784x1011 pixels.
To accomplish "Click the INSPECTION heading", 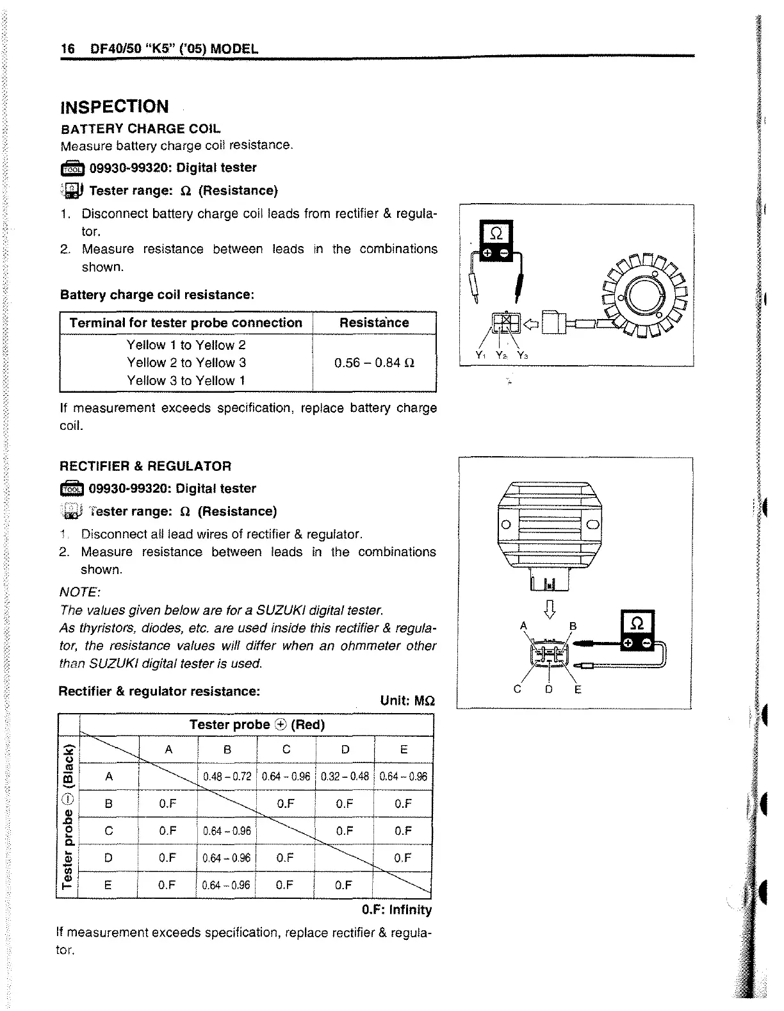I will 114,106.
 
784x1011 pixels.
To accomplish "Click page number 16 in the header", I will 67,49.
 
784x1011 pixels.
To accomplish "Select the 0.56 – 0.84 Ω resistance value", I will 375,363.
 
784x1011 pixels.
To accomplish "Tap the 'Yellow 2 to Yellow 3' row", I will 186,363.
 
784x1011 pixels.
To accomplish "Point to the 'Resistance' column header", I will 374,323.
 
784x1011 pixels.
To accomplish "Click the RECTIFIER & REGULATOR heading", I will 145,466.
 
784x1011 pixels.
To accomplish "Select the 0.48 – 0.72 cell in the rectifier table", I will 227,777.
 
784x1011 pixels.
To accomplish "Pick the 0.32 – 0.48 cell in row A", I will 345,777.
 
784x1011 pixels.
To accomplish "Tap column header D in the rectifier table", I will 345,750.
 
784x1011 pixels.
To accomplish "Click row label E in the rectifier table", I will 108,885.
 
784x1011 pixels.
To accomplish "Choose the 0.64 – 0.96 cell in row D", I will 227,858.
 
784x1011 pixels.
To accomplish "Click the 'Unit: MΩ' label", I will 407,700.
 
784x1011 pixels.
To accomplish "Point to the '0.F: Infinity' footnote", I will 396,910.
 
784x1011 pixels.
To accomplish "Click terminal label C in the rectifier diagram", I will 518,689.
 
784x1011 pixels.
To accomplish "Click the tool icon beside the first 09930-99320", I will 72,168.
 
